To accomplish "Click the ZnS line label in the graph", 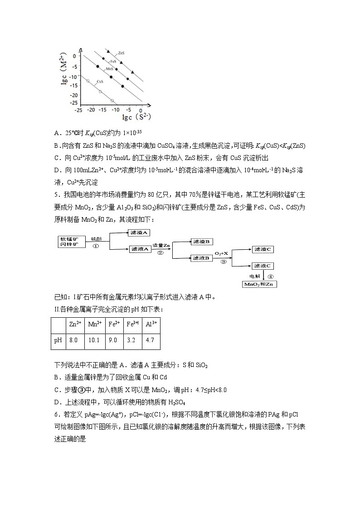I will click(121, 53).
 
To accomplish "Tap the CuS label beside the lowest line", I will click(99, 82).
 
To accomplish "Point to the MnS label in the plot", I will click(109, 68).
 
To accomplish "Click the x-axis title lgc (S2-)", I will click(136, 117).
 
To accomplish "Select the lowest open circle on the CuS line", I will click(112, 101).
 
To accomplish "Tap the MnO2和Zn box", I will click(260, 284).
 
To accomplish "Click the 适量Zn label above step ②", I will click(161, 245).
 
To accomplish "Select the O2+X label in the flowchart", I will click(222, 254).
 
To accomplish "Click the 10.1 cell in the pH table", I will click(94, 340).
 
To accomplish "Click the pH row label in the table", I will click(58, 340).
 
